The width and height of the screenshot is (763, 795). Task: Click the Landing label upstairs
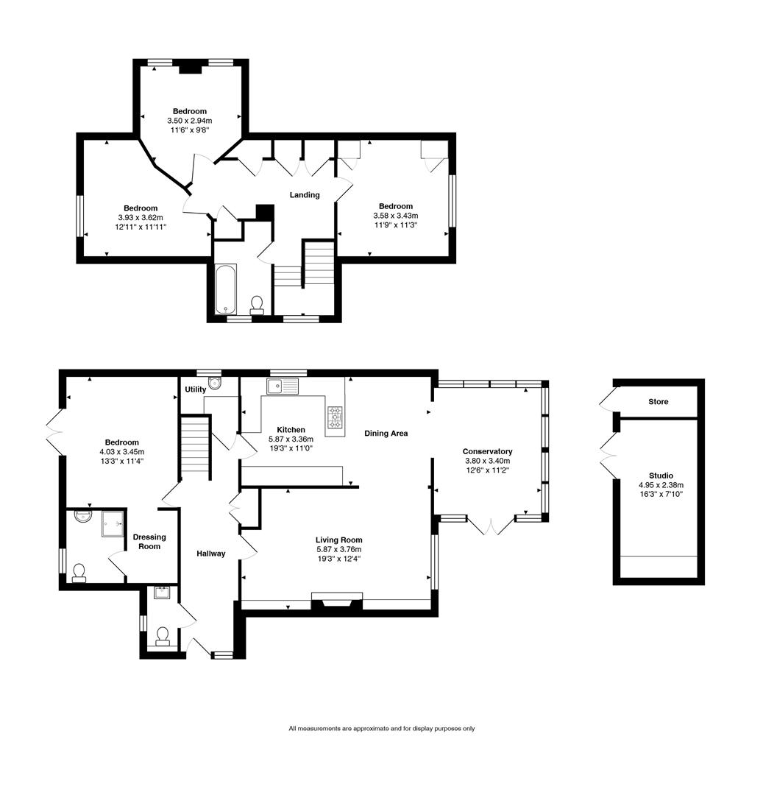click(x=304, y=195)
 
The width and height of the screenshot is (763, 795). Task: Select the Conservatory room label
click(x=487, y=451)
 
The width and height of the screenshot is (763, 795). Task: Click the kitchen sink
click(x=282, y=386)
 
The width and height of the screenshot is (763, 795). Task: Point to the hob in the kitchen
click(x=335, y=417)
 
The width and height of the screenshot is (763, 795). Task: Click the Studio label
click(x=661, y=476)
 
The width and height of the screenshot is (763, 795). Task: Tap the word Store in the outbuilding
click(x=658, y=402)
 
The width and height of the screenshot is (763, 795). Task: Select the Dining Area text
click(x=386, y=434)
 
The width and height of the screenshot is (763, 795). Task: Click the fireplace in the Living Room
click(x=337, y=601)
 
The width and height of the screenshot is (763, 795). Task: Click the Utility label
click(x=196, y=389)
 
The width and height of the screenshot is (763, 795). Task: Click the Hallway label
click(x=210, y=554)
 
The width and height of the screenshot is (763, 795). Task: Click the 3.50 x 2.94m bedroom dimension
click(x=190, y=121)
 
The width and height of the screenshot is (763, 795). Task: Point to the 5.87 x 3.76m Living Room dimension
click(x=338, y=549)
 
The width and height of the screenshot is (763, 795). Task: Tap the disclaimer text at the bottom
click(x=381, y=729)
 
